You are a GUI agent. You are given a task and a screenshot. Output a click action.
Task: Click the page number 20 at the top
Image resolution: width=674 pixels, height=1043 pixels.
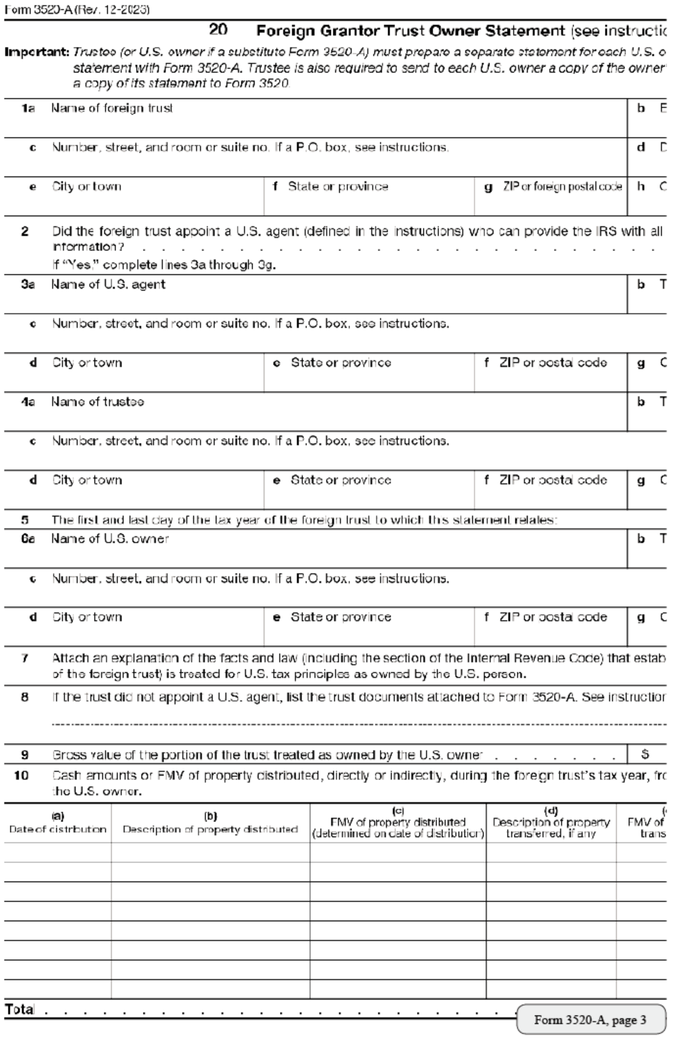point(218,30)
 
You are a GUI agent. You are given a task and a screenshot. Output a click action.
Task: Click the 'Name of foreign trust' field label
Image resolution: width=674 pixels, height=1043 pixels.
point(112,108)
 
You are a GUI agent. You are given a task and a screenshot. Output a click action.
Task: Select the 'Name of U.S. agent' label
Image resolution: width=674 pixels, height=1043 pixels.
point(108,284)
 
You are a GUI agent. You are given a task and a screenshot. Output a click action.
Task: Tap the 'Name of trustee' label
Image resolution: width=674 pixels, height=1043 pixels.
point(97,402)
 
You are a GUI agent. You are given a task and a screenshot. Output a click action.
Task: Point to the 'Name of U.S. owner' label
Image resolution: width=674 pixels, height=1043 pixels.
point(110,538)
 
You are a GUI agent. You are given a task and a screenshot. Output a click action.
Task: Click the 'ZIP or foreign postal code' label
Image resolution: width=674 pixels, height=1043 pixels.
point(562,186)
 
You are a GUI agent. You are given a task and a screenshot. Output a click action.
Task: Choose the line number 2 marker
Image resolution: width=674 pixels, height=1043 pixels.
point(25,231)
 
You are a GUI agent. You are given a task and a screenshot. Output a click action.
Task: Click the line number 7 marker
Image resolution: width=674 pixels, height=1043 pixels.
point(25,658)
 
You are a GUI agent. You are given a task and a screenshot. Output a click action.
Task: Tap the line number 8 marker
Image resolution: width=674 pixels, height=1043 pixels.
point(25,697)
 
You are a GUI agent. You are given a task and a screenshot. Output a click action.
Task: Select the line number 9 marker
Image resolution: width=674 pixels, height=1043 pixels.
point(25,755)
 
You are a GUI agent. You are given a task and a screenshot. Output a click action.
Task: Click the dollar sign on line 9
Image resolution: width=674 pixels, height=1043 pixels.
point(645,754)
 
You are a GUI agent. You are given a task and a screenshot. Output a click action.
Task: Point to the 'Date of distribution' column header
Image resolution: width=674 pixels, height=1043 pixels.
point(57,823)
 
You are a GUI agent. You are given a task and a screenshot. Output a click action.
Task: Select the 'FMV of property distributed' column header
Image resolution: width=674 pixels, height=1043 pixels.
point(397,823)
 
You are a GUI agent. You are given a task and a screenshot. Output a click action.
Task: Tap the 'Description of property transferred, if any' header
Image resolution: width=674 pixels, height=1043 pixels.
point(551,823)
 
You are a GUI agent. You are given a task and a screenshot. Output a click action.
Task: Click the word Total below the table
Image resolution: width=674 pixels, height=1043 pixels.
point(20,1009)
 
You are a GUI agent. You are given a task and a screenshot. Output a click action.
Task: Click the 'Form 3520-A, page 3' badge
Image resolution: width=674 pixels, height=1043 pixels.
point(590,1020)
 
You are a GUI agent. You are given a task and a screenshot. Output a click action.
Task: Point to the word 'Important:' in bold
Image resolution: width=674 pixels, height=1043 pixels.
point(37,51)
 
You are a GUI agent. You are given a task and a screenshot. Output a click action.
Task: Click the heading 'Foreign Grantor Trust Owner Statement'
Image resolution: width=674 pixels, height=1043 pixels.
point(410,31)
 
